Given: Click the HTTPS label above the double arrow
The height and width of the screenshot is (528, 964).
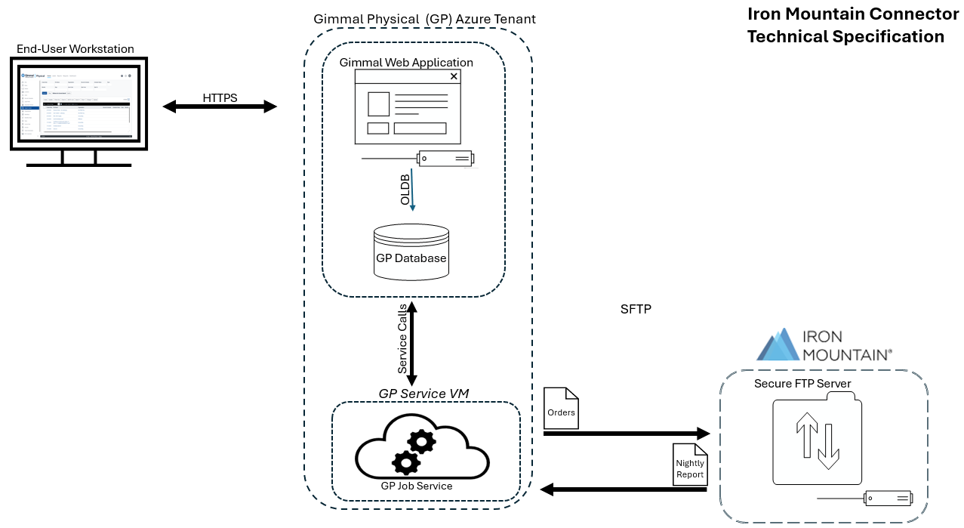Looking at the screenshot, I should click(x=220, y=98).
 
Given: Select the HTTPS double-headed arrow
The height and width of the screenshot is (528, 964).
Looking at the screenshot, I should click(x=220, y=107).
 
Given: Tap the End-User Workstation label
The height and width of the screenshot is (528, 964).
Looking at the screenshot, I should click(x=75, y=49).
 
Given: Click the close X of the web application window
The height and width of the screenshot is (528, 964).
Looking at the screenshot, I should click(x=454, y=76).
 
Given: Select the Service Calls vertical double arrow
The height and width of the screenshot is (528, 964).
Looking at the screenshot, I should click(x=411, y=344).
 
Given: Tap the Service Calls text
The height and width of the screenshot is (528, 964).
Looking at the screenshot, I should click(x=402, y=339).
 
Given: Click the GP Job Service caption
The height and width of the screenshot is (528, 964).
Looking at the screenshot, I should click(x=417, y=486).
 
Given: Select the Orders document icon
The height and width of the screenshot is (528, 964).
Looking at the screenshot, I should click(x=561, y=408).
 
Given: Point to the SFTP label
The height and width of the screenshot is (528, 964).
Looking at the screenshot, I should click(x=636, y=310).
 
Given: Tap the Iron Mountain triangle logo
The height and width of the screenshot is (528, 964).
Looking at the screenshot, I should click(x=778, y=344).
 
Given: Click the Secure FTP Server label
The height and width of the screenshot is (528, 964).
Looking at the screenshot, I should click(x=802, y=384).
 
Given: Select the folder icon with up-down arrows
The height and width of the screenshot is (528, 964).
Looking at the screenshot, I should click(x=817, y=442).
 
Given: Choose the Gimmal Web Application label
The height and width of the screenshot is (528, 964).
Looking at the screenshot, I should click(x=406, y=63).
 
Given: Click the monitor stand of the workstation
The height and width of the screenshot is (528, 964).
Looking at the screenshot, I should click(x=79, y=158).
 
